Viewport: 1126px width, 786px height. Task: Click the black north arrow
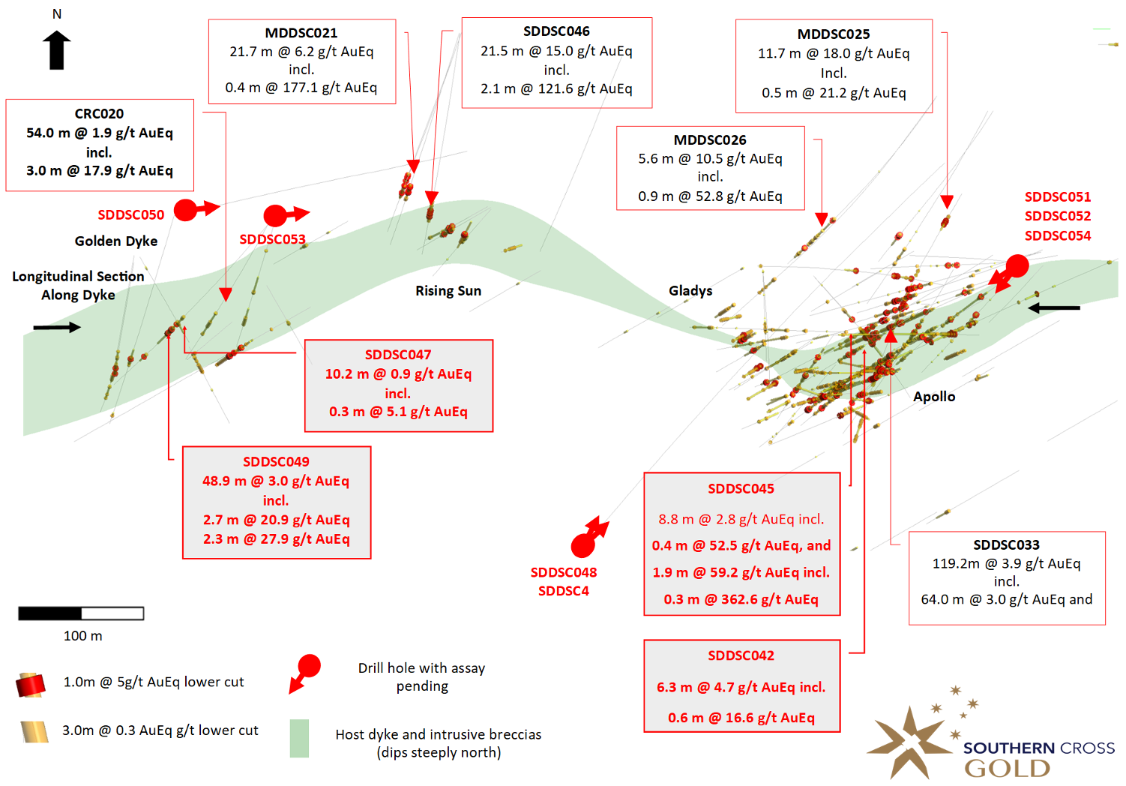click(x=57, y=49)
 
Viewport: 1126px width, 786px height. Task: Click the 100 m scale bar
click(x=81, y=613)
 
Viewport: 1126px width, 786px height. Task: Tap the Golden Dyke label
click(x=116, y=241)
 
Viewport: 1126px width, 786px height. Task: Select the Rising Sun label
click(x=448, y=291)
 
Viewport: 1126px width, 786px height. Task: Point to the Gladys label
click(x=690, y=291)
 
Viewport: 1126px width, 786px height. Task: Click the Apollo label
click(x=934, y=397)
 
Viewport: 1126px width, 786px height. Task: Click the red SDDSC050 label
click(x=130, y=215)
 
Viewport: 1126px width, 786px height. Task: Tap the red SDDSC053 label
click(x=272, y=239)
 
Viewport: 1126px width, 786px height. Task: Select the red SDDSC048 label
click(x=564, y=572)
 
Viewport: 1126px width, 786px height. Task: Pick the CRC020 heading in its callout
click(x=99, y=114)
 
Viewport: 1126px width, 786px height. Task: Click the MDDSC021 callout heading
click(x=301, y=33)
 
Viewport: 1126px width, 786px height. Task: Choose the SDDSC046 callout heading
click(x=556, y=31)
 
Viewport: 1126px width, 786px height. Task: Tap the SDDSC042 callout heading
click(x=741, y=655)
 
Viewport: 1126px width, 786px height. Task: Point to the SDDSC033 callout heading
click(x=1006, y=544)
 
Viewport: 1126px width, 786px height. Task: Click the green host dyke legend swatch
click(x=299, y=738)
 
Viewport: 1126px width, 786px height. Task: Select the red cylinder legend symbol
click(x=31, y=685)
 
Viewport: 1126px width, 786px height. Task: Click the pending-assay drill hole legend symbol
click(x=304, y=673)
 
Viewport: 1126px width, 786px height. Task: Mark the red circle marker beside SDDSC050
click(x=185, y=210)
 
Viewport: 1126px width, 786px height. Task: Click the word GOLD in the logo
click(x=1007, y=769)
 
